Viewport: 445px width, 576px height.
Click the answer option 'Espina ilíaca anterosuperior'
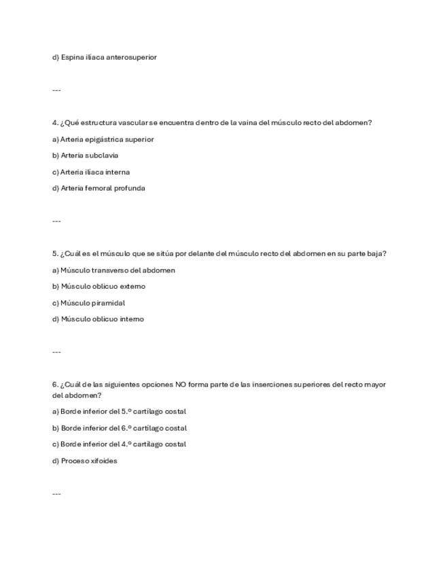pyautogui.click(x=105, y=58)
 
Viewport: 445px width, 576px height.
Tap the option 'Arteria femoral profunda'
pyautogui.click(x=99, y=188)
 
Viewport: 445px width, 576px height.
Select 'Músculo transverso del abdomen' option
pyautogui.click(x=113, y=270)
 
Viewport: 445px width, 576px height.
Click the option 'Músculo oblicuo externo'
pyautogui.click(x=99, y=287)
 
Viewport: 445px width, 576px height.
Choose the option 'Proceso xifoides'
pyautogui.click(x=85, y=461)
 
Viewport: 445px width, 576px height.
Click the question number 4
pyautogui.click(x=54, y=123)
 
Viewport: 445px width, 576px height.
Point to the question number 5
pyautogui.click(x=54, y=254)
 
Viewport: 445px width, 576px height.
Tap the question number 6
pyautogui.click(x=54, y=384)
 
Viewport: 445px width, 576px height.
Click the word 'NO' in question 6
pyautogui.click(x=181, y=384)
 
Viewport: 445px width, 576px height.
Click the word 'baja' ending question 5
pyautogui.click(x=376, y=254)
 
